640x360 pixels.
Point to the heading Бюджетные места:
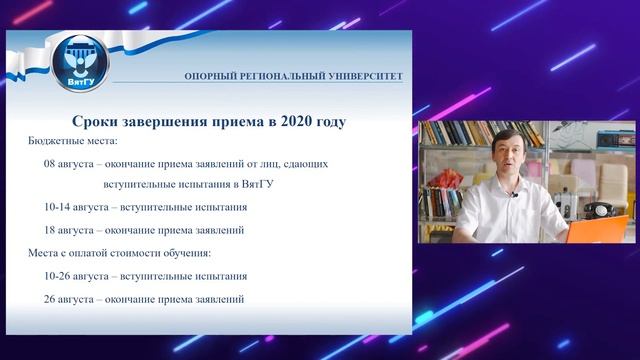click(x=73, y=142)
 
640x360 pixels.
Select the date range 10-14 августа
click(x=75, y=208)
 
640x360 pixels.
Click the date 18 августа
click(x=70, y=231)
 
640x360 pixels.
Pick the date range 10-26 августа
click(x=75, y=276)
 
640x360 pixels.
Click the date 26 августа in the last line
click(x=70, y=299)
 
